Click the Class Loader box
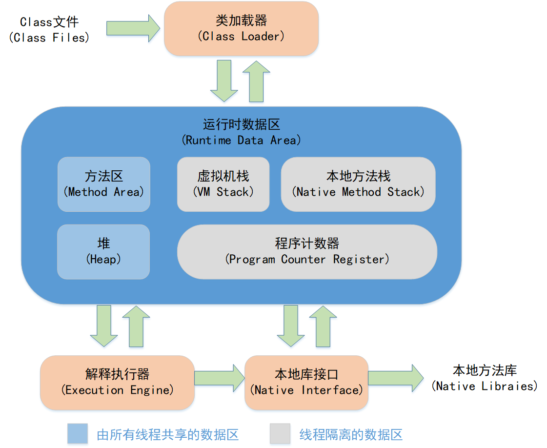(x=241, y=28)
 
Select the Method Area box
(x=103, y=184)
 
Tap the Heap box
(x=103, y=251)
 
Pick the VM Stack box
(x=223, y=184)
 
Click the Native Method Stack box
(x=358, y=184)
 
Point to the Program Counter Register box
(x=307, y=251)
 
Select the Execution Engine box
(x=117, y=382)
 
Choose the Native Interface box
(x=306, y=382)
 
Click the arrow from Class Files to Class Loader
(x=133, y=28)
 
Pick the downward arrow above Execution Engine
(x=104, y=325)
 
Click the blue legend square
(x=78, y=433)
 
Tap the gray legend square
(x=280, y=433)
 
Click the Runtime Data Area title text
(x=242, y=132)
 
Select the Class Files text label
(x=49, y=30)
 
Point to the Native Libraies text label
(x=485, y=378)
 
